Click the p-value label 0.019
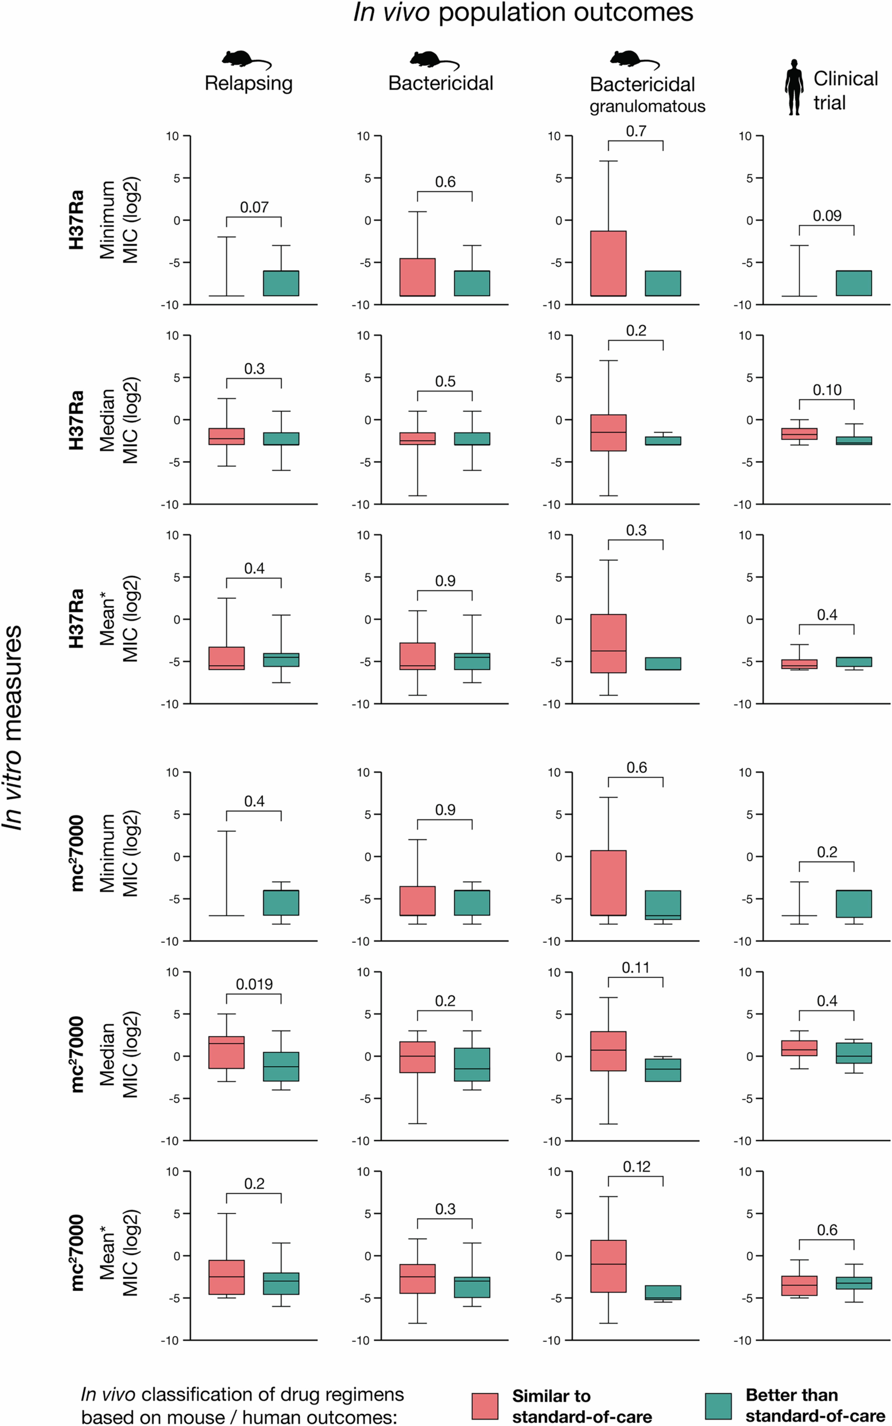pyautogui.click(x=254, y=984)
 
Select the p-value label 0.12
pyautogui.click(x=636, y=1166)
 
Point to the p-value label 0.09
pyautogui.click(x=827, y=216)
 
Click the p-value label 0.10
pyautogui.click(x=827, y=390)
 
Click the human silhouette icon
pyautogui.click(x=794, y=87)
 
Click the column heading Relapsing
pyautogui.click(x=248, y=83)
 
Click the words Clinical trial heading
pyautogui.click(x=845, y=90)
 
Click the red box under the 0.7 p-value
pyautogui.click(x=608, y=263)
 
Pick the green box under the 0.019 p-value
pyautogui.click(x=281, y=1066)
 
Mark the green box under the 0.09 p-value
pyautogui.click(x=854, y=283)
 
